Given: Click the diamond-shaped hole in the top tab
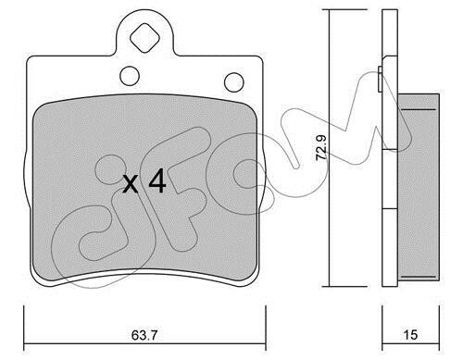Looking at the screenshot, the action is [x=144, y=38].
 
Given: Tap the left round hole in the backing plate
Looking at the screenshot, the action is [x=130, y=76].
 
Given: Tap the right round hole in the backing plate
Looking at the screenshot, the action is [x=234, y=82].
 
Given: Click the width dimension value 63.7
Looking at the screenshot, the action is [x=144, y=335].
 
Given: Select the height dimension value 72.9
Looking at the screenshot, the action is [x=321, y=148].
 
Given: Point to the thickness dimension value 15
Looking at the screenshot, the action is [x=410, y=335].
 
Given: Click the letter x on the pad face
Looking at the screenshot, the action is [x=131, y=184].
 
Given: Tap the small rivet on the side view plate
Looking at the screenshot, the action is [x=381, y=79].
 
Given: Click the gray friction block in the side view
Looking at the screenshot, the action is [x=419, y=187].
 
